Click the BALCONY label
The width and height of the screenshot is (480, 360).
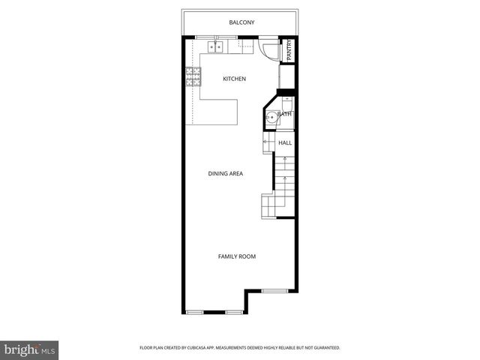(x=241, y=22)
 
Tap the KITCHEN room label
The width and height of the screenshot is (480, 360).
(x=235, y=79)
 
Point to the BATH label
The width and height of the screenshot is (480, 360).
(x=285, y=114)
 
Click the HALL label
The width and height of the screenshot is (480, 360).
(x=285, y=142)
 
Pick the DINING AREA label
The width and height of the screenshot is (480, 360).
(x=226, y=173)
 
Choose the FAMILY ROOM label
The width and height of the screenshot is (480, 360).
(x=237, y=256)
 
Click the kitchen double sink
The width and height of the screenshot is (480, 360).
(x=216, y=47)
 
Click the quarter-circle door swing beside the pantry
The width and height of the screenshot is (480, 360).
(x=269, y=49)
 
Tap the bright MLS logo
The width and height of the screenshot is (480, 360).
(x=29, y=349)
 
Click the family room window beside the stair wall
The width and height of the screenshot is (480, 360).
(x=275, y=290)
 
